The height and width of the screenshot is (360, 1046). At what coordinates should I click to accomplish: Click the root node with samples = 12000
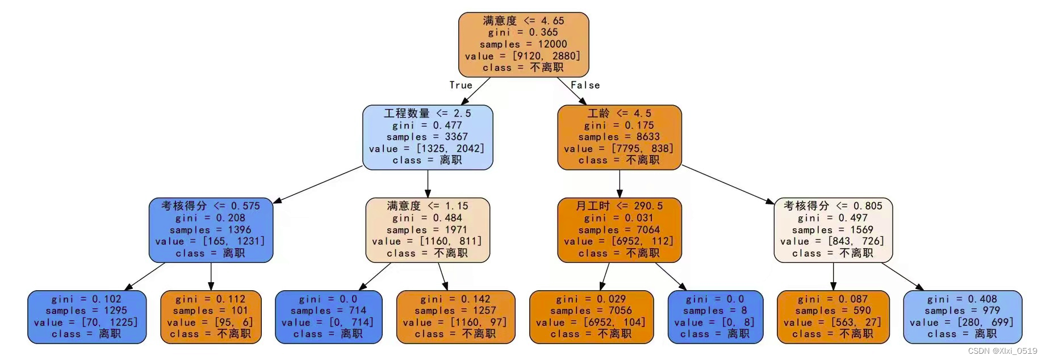523,44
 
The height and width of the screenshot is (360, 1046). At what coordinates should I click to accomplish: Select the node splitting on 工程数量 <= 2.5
427,137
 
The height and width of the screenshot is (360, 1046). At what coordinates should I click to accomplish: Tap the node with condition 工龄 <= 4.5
619,137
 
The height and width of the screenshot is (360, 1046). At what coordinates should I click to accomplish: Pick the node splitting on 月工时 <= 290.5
619,229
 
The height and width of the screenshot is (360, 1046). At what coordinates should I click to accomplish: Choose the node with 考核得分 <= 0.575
211,229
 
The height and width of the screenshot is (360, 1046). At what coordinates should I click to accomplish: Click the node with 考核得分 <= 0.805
832,229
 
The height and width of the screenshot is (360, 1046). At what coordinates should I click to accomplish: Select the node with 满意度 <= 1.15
427,229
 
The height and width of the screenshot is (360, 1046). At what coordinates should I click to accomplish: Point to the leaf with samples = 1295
86,316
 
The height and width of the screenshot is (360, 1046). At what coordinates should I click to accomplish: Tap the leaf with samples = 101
211,316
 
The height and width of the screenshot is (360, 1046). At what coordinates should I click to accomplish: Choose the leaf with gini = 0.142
455,316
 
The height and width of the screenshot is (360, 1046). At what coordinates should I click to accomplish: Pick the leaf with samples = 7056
591,316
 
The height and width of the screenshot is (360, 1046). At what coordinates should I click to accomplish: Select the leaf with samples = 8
715,316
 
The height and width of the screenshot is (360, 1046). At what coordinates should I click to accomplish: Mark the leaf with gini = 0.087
832,316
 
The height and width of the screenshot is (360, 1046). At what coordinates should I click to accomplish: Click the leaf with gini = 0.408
962,316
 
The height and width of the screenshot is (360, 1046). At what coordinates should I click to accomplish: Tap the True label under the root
461,85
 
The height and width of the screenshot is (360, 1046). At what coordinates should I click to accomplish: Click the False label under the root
585,85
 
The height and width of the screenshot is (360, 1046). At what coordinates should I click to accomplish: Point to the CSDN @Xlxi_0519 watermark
1002,351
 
